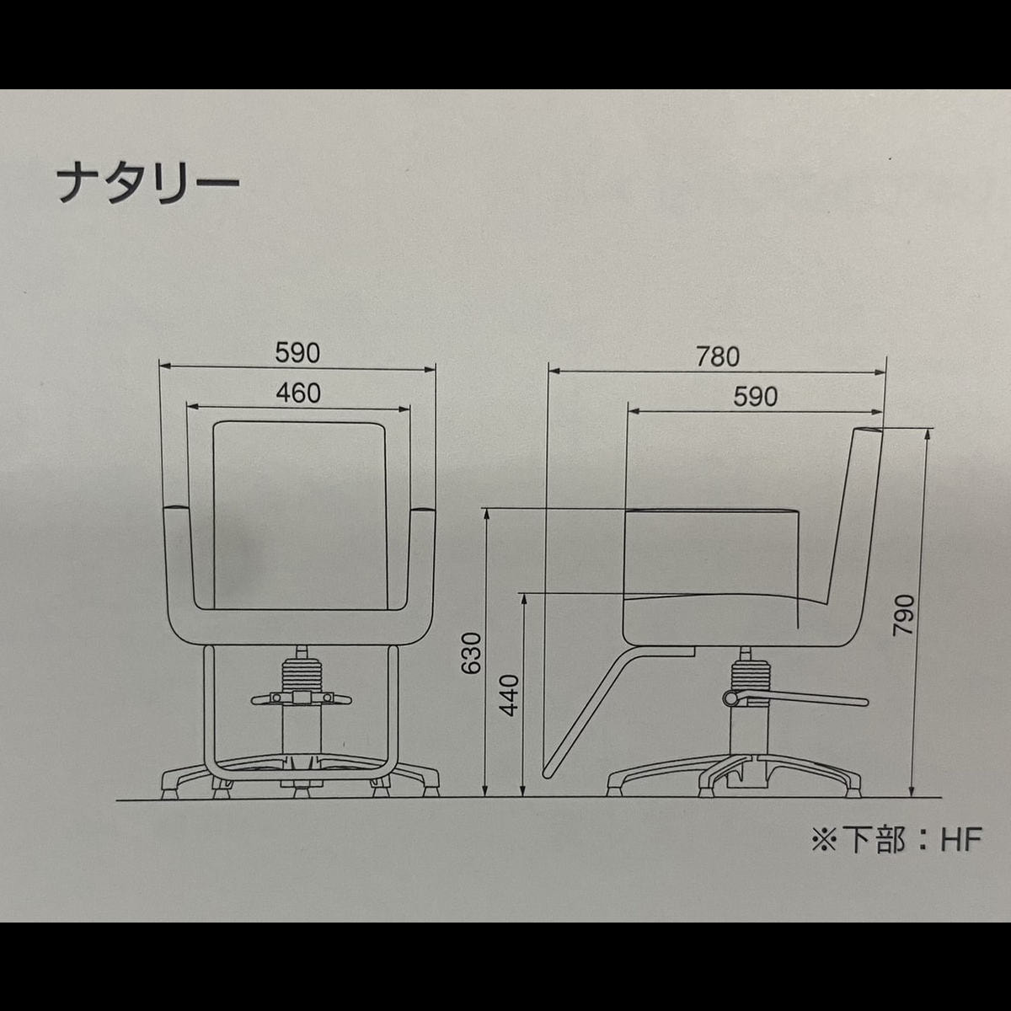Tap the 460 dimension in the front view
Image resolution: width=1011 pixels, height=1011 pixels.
[x=298, y=393]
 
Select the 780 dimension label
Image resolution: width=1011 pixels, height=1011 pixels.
[x=718, y=356]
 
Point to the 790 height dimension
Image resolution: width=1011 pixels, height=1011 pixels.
[x=903, y=614]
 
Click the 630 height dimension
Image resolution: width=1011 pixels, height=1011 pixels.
[x=471, y=653]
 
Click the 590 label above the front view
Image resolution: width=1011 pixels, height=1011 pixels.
[x=297, y=353]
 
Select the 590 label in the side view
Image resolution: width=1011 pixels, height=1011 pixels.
[x=756, y=397]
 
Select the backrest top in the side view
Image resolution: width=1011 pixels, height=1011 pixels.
[x=868, y=430]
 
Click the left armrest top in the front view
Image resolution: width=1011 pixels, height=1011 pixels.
[x=177, y=508]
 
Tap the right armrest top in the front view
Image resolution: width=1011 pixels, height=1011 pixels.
[x=422, y=508]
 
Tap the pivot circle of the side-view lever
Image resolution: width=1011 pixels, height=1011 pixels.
[x=730, y=698]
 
